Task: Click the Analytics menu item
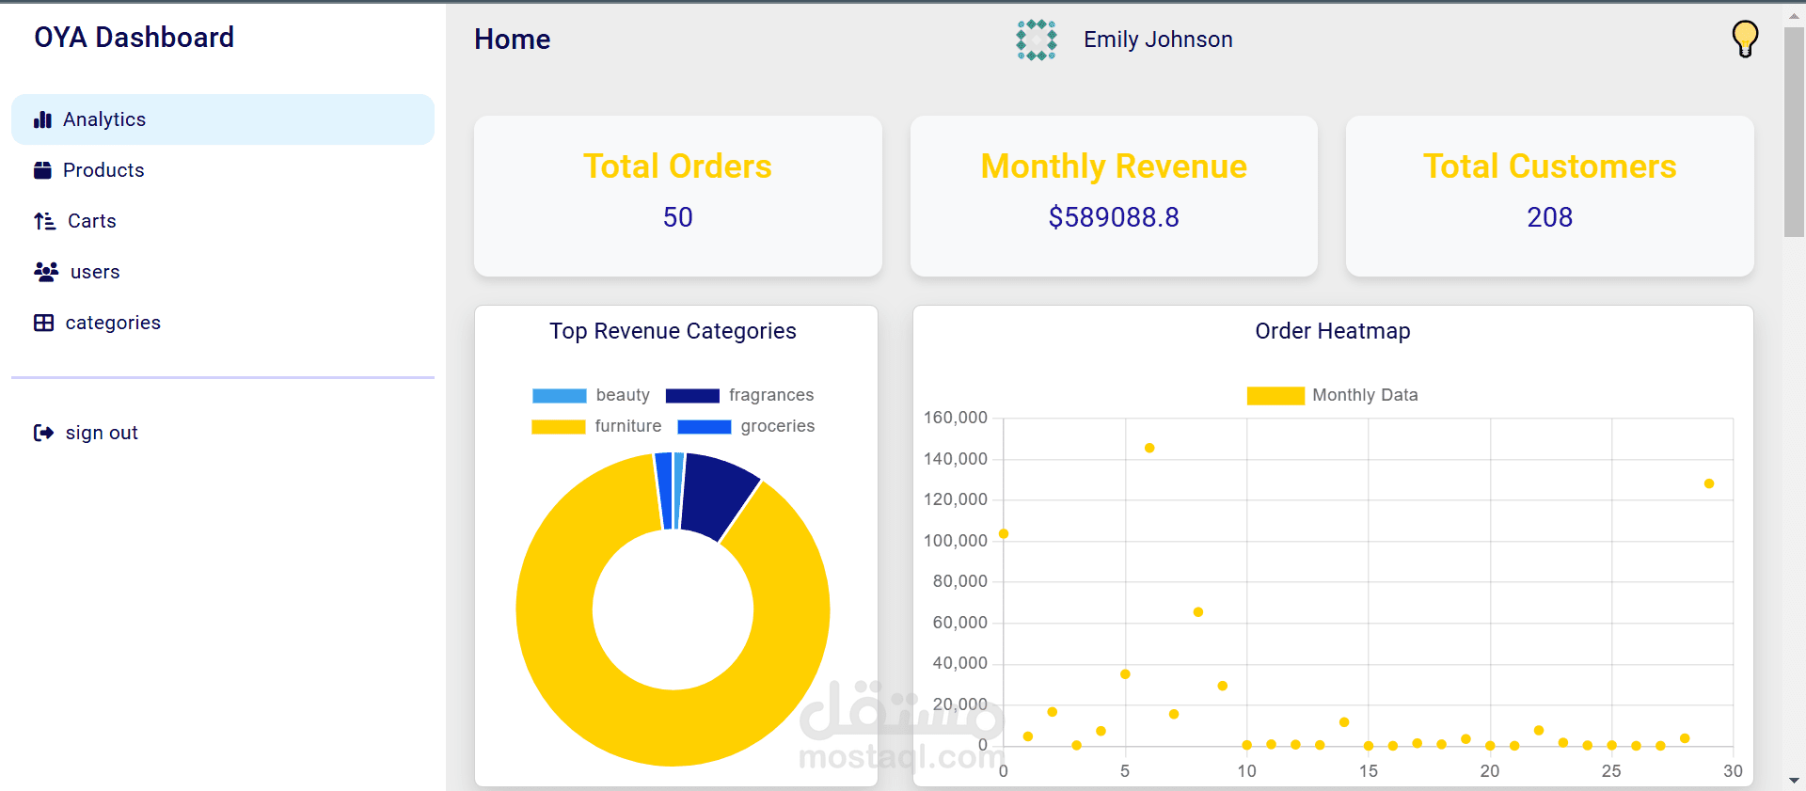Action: [103, 119]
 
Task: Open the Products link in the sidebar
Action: [103, 170]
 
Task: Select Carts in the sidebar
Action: [91, 221]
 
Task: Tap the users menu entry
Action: [94, 272]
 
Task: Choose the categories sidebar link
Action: [112, 323]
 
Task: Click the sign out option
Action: [101, 433]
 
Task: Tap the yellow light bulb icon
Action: [1744, 39]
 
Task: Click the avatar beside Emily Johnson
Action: [1036, 40]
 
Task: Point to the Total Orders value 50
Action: [677, 217]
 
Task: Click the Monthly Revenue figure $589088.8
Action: [1113, 217]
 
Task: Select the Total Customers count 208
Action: [1549, 217]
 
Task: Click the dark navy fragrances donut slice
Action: [718, 496]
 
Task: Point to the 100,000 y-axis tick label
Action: [955, 541]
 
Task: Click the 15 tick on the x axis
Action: [1368, 771]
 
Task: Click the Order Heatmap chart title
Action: [1332, 331]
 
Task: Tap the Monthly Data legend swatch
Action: [1275, 396]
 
